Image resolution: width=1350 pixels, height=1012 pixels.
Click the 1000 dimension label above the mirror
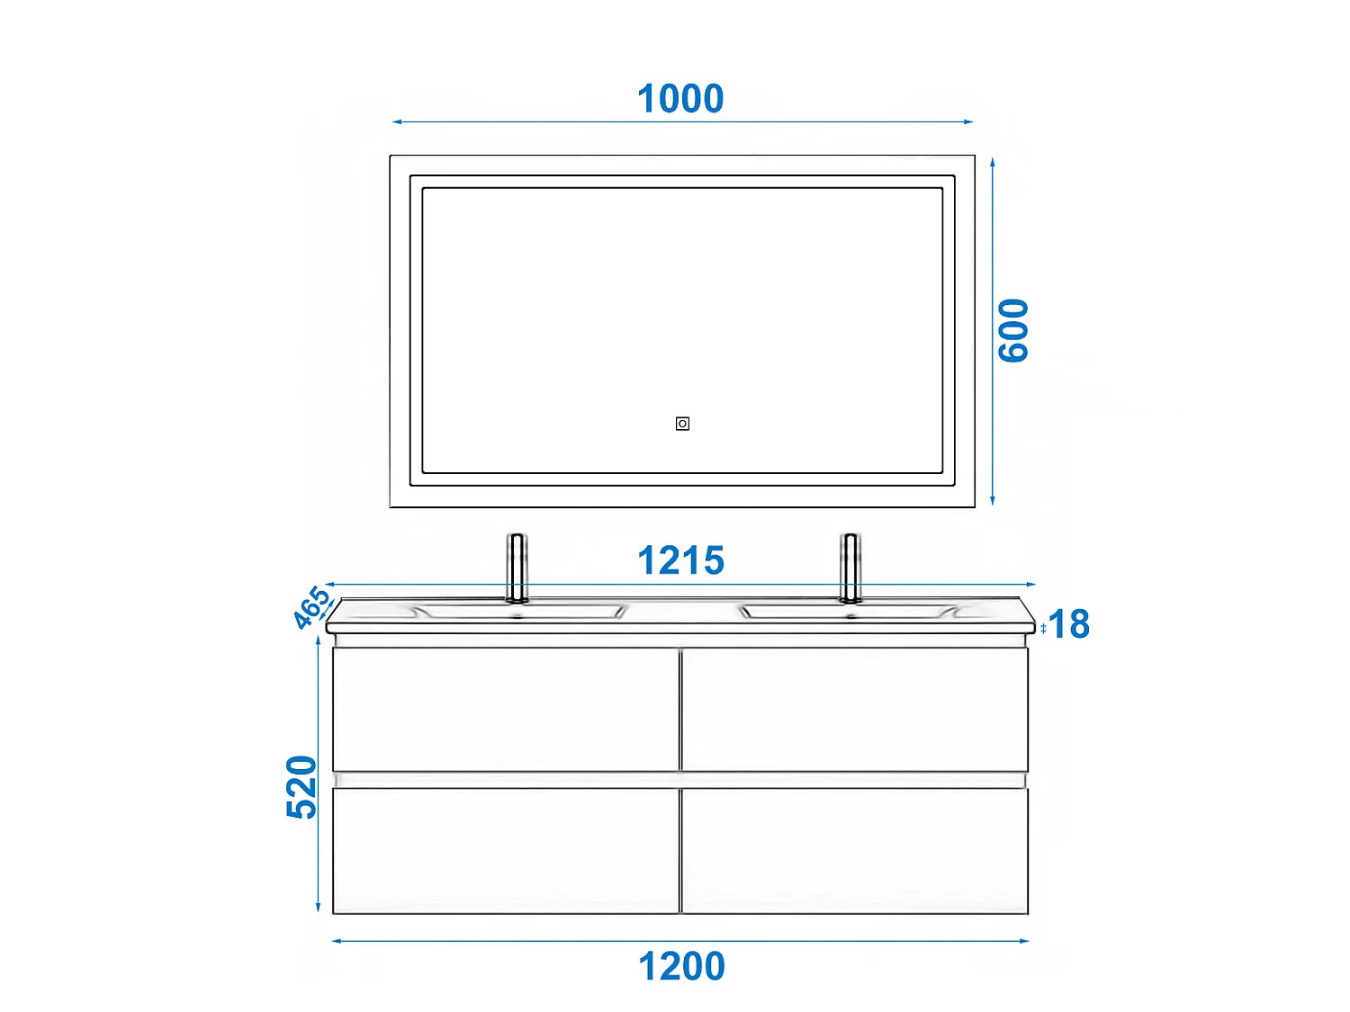680,99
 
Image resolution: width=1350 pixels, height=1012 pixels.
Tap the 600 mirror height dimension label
1014,330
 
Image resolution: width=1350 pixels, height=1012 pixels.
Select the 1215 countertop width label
680,561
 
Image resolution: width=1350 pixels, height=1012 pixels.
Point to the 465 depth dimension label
311,607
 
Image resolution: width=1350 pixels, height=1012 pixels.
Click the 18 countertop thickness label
1069,624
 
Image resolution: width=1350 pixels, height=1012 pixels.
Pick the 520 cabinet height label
301,787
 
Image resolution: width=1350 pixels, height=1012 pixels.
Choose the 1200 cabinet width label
681,967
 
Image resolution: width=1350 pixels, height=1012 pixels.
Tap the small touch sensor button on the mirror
682,424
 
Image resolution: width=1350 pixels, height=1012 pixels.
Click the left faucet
517,567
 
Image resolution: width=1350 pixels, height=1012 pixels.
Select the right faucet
850,567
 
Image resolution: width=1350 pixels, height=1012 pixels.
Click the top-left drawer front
506,709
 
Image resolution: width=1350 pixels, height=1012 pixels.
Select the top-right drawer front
855,709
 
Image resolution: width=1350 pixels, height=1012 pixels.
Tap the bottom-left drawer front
506,851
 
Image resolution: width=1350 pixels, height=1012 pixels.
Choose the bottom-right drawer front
855,851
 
